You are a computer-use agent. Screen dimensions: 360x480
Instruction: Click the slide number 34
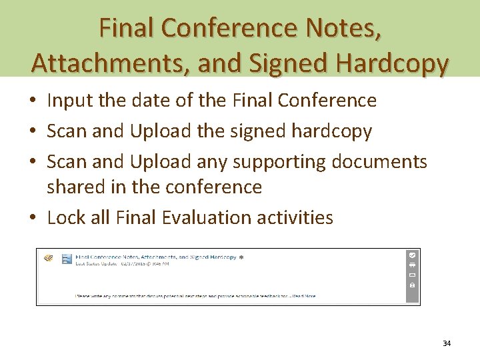point(447,343)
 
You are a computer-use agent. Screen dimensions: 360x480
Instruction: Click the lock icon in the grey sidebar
point(412,285)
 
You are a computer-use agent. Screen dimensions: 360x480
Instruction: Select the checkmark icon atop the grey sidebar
point(412,255)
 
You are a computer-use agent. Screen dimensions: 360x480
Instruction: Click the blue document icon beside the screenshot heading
point(67,259)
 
